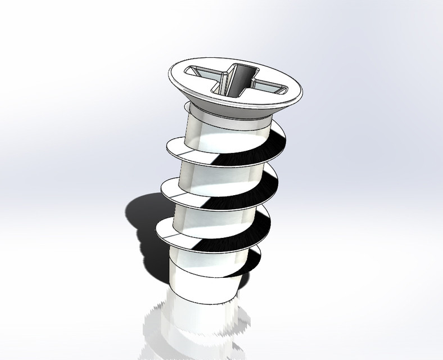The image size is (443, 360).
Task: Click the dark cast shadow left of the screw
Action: [141, 225]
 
